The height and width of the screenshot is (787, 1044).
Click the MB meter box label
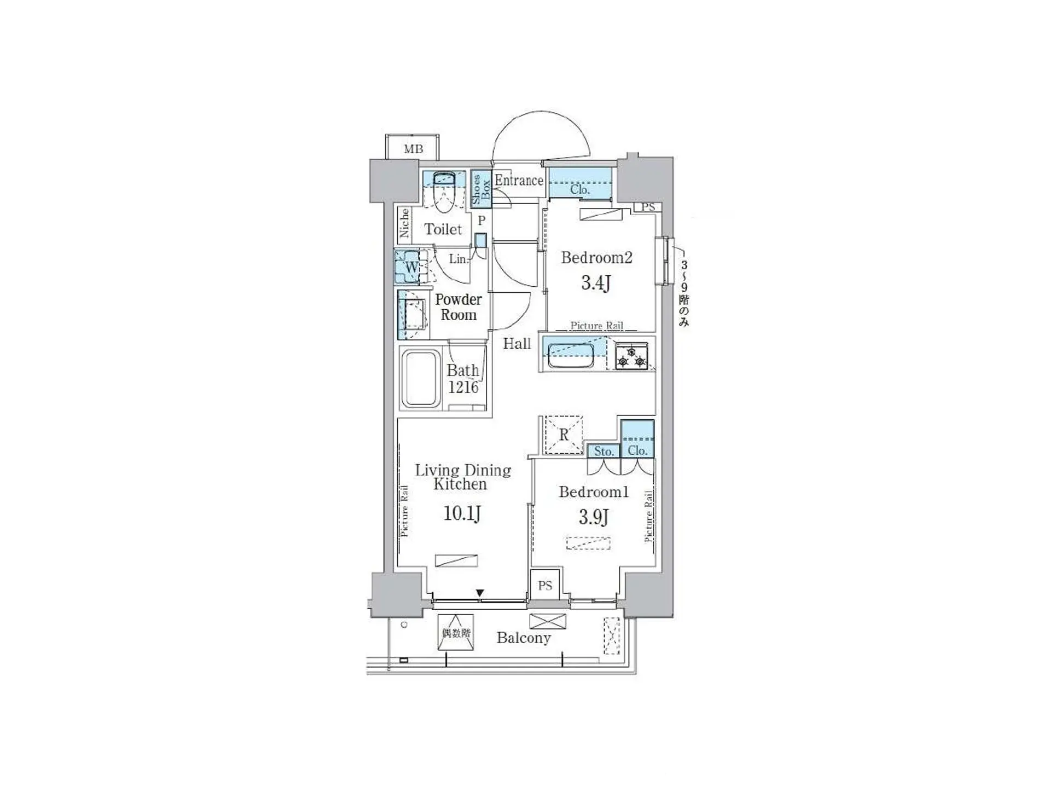tap(413, 149)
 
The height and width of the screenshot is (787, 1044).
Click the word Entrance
tap(519, 181)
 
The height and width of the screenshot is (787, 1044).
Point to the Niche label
tap(404, 223)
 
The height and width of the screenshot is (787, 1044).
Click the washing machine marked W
tap(410, 267)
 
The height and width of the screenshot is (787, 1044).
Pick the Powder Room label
tap(459, 307)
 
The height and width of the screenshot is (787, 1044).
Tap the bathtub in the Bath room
tap(421, 379)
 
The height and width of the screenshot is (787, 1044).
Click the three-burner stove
tap(631, 356)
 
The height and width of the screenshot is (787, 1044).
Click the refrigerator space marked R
tap(564, 435)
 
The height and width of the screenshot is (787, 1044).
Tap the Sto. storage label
tap(604, 452)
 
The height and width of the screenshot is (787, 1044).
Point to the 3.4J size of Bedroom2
tap(595, 282)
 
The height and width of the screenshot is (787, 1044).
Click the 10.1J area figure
tap(462, 513)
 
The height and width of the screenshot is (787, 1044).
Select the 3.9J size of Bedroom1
tap(594, 517)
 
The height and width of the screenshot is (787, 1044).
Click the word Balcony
tap(524, 638)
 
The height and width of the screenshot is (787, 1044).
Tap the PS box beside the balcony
tap(545, 586)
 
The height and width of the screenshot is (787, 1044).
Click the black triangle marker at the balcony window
tap(480, 593)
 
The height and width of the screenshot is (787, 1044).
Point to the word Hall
tap(517, 344)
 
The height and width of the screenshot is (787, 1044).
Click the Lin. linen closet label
tap(459, 259)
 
